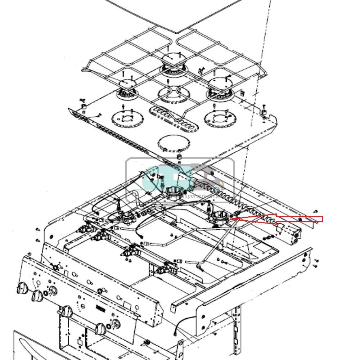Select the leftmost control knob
click(x=22, y=288)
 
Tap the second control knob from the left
click(x=37, y=296)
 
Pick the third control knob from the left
click(x=66, y=311)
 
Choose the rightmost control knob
click(x=100, y=328)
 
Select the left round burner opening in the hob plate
click(x=127, y=119)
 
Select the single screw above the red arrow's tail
click(x=316, y=212)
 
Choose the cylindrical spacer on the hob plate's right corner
click(x=264, y=112)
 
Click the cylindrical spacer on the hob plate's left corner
click(x=84, y=107)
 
